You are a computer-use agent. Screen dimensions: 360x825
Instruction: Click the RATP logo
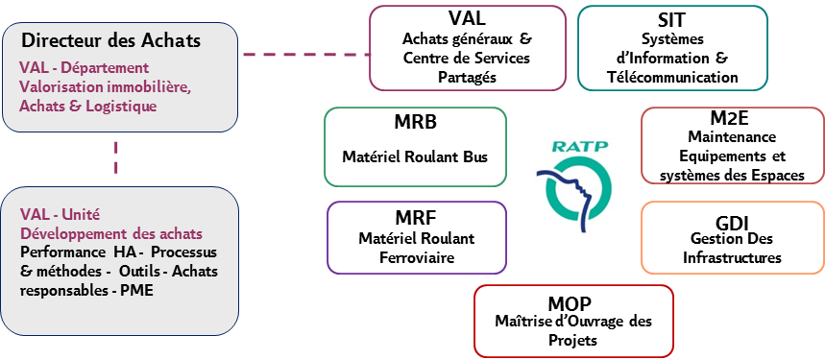pos(576,185)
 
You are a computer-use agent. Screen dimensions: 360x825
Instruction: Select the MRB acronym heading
pos(415,126)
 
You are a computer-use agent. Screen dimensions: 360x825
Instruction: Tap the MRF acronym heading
pos(416,218)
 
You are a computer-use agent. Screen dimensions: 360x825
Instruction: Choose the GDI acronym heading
pos(732,220)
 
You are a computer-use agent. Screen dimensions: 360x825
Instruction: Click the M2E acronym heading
pos(732,118)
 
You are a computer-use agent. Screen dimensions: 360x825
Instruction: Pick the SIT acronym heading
pos(671,19)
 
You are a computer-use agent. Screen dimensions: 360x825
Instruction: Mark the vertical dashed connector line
pos(117,158)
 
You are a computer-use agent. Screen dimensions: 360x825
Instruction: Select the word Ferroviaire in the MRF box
pos(416,257)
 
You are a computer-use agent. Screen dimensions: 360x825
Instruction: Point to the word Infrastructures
pos(732,257)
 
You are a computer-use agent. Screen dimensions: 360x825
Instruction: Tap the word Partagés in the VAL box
pos(467,77)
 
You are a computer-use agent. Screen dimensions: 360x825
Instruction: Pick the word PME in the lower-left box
pos(122,291)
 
